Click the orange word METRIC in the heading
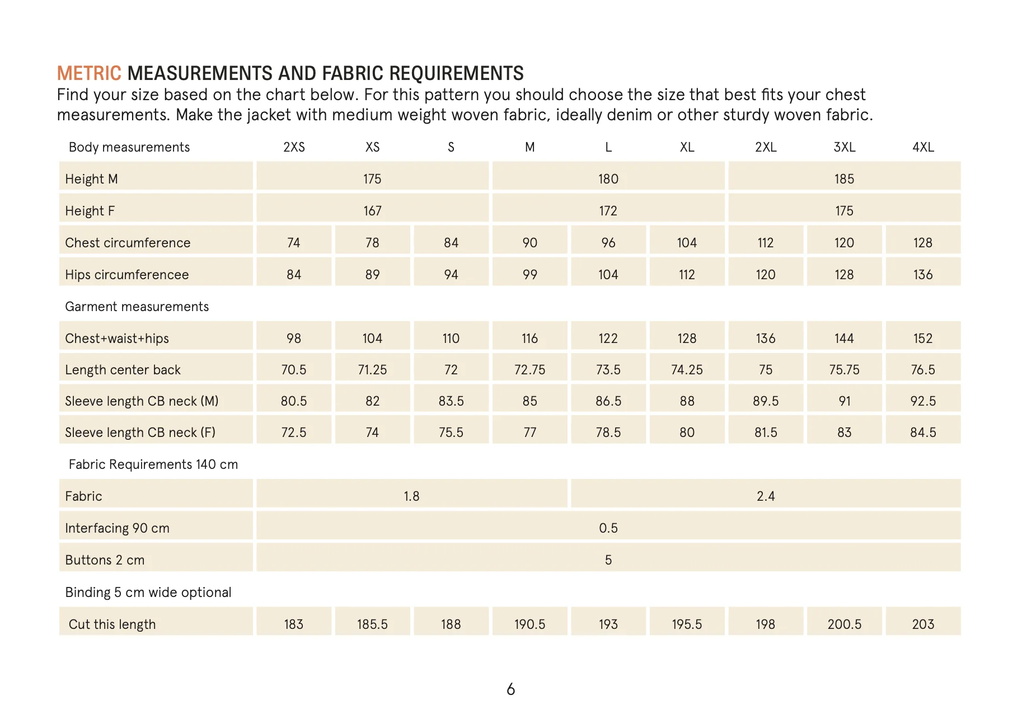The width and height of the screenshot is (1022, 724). click(89, 73)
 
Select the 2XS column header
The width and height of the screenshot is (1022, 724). click(294, 147)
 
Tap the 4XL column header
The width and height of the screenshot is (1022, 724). click(923, 147)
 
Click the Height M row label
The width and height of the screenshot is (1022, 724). click(91, 179)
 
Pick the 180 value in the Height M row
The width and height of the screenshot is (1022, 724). click(608, 179)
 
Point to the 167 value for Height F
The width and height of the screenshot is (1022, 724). click(372, 211)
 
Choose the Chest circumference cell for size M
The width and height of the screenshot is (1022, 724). click(529, 243)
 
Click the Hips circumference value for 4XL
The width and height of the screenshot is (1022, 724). click(923, 275)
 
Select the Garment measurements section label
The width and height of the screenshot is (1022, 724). click(137, 307)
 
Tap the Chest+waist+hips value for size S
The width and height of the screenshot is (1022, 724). click(451, 339)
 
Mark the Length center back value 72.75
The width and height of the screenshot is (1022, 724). click(529, 370)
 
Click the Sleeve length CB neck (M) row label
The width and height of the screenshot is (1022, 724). click(142, 401)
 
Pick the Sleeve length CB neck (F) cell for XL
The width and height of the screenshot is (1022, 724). click(687, 432)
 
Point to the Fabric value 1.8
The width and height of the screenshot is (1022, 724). click(411, 496)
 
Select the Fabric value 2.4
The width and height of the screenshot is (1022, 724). click(766, 496)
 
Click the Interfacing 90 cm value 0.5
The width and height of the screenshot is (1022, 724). click(608, 528)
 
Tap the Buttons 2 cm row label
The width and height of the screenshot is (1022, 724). click(105, 560)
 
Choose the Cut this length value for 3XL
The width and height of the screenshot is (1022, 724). click(844, 624)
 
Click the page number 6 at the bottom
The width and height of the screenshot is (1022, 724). click(510, 689)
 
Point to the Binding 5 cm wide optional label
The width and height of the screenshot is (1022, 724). click(148, 593)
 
